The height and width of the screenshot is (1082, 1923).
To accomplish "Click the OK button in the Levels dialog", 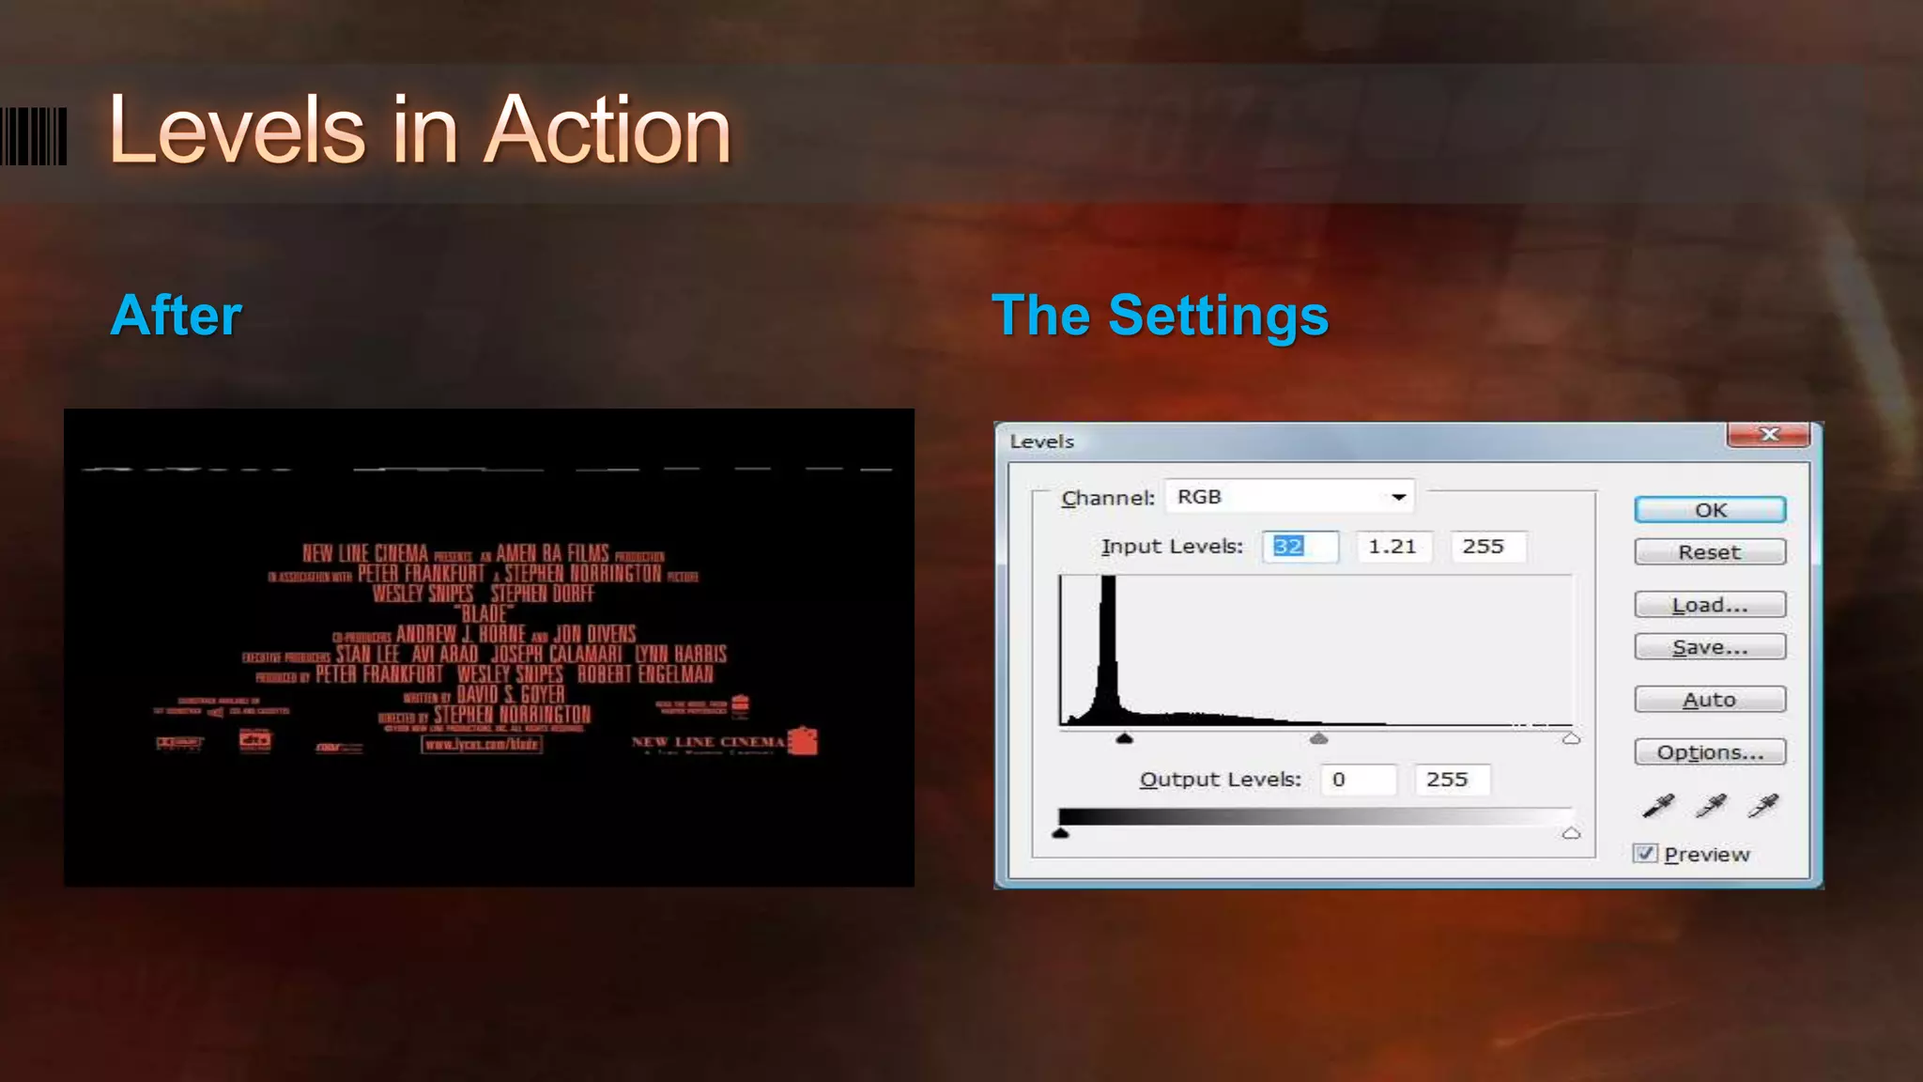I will [1710, 510].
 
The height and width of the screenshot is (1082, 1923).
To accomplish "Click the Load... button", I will [1710, 605].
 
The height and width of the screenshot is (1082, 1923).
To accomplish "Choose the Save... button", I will [1710, 647].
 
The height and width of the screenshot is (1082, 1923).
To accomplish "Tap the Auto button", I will [1710, 700].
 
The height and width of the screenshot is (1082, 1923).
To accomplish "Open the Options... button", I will [1710, 752].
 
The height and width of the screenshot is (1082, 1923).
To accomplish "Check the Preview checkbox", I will [1645, 854].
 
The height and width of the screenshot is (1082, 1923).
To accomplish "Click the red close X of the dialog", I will [1769, 434].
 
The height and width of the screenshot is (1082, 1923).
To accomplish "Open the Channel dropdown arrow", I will [1398, 497].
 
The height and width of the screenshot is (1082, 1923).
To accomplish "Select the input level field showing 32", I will [1300, 547].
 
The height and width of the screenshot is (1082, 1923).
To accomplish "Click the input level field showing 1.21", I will [1393, 547].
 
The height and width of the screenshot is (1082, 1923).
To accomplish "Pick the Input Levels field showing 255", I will [1486, 547].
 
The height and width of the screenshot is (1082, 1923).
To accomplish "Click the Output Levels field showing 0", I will [1358, 780].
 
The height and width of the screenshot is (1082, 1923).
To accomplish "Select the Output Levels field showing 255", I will [1451, 780].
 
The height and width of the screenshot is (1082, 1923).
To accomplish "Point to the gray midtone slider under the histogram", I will [1318, 739].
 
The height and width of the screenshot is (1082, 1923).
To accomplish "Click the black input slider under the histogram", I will [1124, 739].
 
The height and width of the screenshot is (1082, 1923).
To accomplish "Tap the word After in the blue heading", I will [177, 316].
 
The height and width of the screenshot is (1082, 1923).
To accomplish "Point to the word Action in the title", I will [608, 131].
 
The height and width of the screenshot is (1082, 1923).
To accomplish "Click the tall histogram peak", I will [1109, 639].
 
